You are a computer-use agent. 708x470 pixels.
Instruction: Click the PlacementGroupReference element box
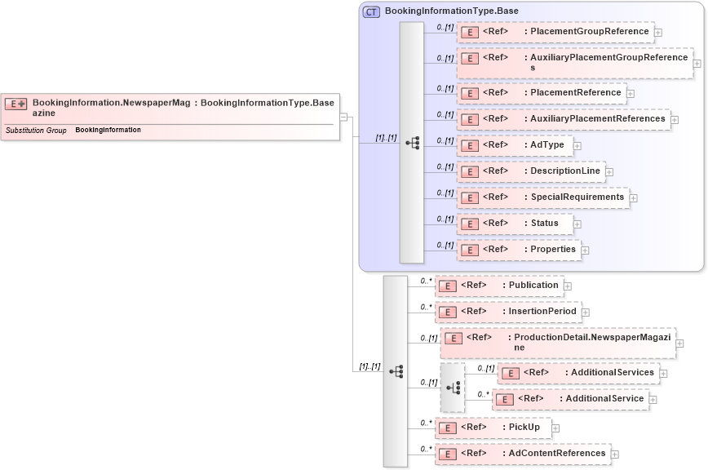pyautogui.click(x=555, y=33)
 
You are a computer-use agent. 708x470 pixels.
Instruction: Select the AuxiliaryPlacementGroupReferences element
pyautogui.click(x=574, y=63)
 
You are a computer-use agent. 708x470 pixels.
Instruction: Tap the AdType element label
pyautogui.click(x=546, y=145)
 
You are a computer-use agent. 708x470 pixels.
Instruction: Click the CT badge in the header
pyautogui.click(x=371, y=11)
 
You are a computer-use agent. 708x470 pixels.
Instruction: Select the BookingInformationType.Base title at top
pyautogui.click(x=451, y=11)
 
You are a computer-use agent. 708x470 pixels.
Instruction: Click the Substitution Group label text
pyautogui.click(x=36, y=131)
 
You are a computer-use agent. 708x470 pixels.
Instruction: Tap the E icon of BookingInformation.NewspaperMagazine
pyautogui.click(x=16, y=104)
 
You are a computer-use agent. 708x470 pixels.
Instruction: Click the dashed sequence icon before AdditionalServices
pyautogui.click(x=453, y=388)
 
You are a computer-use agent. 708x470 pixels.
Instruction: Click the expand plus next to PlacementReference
pyautogui.click(x=631, y=94)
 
